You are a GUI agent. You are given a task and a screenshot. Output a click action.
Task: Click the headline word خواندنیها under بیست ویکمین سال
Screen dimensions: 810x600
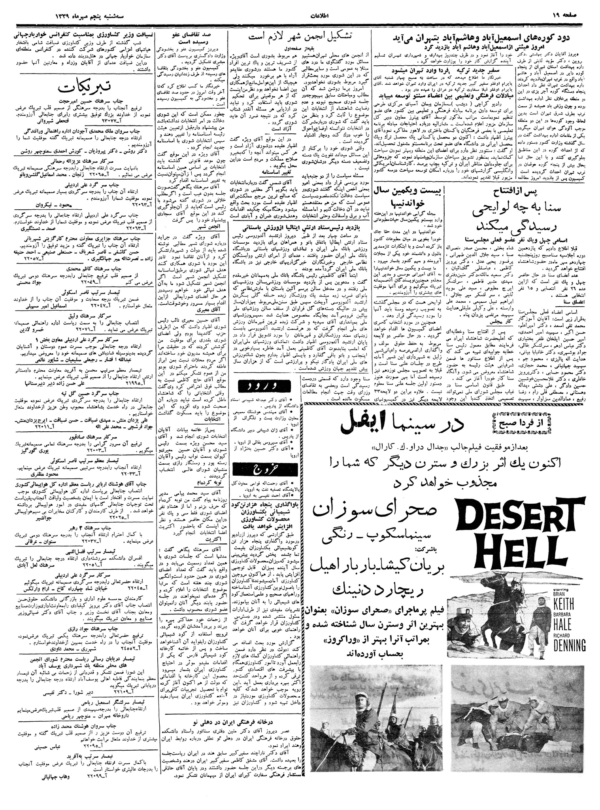coord(409,205)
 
